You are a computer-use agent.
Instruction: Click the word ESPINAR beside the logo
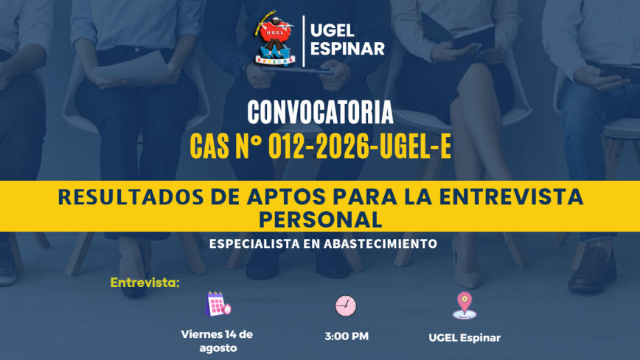point(347,49)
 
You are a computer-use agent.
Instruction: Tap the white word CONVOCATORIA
point(320,112)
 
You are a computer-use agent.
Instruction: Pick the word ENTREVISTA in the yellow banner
point(511,197)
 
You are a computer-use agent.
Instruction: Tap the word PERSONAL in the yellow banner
point(321,220)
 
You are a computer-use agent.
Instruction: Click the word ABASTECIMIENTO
point(380,243)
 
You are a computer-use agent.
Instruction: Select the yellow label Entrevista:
point(145,283)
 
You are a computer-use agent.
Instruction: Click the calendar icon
point(218,304)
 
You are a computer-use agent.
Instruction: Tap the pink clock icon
point(346,305)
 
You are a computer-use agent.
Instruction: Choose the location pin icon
point(465,305)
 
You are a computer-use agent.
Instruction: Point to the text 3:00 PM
point(347,336)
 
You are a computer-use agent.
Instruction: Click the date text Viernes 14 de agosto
point(217,342)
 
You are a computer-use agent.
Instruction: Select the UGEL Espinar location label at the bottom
point(465,338)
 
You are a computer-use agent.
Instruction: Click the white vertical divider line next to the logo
point(303,41)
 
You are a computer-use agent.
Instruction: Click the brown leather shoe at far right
point(592,270)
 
